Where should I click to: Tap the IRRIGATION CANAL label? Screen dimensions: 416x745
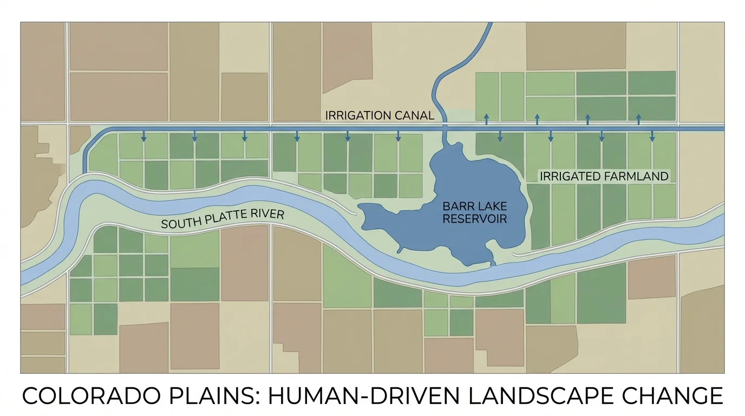pyautogui.click(x=380, y=115)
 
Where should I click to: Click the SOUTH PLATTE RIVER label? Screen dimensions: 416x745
pyautogui.click(x=223, y=219)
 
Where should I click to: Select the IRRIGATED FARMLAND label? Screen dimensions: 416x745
pyautogui.click(x=604, y=176)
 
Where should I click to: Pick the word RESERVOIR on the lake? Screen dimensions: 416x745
pyautogui.click(x=475, y=219)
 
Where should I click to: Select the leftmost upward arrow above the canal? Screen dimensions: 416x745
pyautogui.click(x=486, y=119)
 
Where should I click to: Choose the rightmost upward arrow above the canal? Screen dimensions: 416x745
pyautogui.click(x=638, y=119)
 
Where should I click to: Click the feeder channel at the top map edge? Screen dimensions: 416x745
pyautogui.click(x=488, y=27)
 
